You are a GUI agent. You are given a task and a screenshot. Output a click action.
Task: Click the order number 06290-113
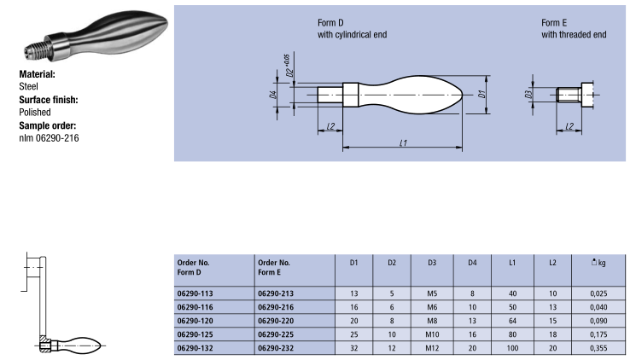tap(195, 293)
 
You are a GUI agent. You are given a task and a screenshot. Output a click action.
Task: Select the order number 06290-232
tap(276, 348)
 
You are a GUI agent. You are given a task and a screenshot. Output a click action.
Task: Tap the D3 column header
tap(432, 263)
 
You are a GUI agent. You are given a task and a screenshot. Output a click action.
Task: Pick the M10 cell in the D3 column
tap(432, 334)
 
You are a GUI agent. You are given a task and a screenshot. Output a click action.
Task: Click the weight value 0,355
tap(598, 348)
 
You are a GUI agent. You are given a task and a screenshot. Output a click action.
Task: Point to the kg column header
tap(598, 263)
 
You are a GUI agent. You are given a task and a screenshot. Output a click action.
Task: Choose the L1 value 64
tap(512, 321)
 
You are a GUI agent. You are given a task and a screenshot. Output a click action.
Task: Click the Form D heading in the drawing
tap(330, 23)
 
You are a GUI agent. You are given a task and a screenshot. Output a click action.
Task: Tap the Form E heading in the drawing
tap(554, 23)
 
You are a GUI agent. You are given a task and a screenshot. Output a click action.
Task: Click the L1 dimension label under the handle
tap(403, 142)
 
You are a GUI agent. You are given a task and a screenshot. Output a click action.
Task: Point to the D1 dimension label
tap(481, 94)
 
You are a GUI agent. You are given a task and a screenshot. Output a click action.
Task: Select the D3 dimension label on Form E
tap(528, 94)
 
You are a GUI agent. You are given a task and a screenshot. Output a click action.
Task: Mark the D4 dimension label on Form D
tap(273, 95)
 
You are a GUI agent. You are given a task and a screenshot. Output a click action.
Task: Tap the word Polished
tap(35, 113)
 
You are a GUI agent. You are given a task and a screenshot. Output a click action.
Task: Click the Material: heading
tap(37, 74)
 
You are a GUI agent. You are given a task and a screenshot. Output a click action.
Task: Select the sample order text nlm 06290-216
tap(49, 138)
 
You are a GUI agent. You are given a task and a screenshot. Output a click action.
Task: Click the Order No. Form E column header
tap(274, 268)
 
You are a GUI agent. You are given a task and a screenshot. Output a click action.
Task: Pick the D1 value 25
tap(353, 334)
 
